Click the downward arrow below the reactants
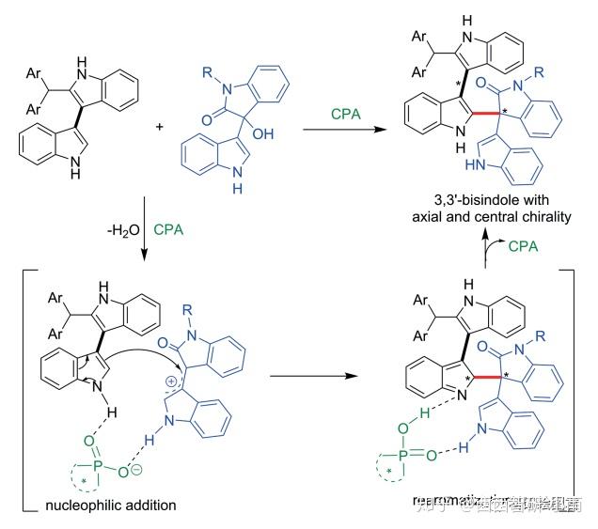pyautogui.click(x=141, y=230)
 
